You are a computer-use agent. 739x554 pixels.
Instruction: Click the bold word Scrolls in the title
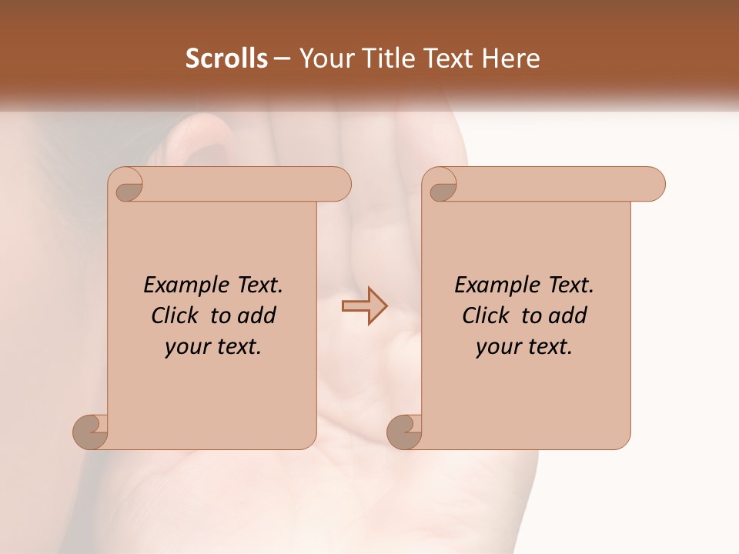click(226, 58)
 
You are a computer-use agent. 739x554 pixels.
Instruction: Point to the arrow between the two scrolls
click(364, 306)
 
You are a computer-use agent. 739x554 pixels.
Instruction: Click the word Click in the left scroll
click(175, 315)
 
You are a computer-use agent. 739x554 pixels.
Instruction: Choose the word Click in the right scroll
click(486, 315)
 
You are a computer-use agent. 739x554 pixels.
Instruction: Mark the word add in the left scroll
click(256, 315)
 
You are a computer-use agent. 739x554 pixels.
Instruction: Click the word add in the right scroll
click(567, 315)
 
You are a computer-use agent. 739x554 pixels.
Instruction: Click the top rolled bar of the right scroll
click(554, 185)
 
